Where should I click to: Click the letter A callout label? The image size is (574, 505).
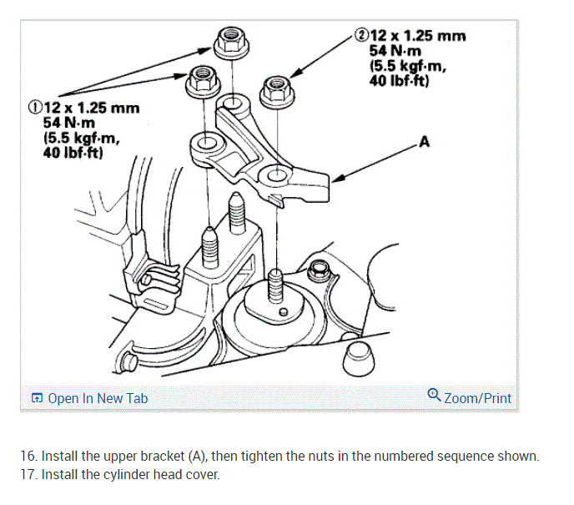[424, 142]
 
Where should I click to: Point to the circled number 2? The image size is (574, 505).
[361, 36]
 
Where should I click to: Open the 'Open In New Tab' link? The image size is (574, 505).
[89, 398]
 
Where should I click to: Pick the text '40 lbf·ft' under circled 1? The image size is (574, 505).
[73, 154]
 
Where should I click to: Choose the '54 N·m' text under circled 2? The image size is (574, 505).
[397, 51]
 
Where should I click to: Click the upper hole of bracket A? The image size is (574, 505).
[233, 103]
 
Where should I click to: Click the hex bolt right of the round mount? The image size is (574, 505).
[318, 271]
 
